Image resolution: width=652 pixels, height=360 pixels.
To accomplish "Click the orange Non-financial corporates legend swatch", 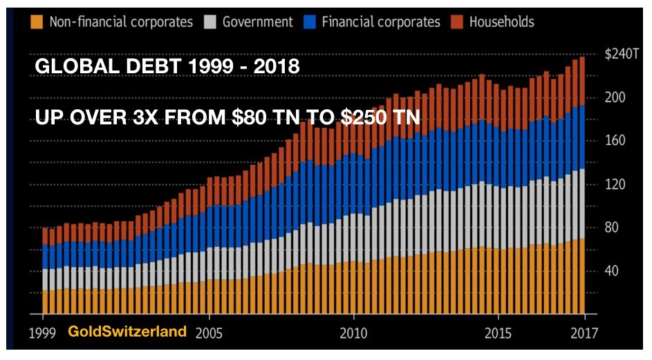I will (x=37, y=21).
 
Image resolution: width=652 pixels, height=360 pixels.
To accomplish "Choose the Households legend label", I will (x=501, y=21).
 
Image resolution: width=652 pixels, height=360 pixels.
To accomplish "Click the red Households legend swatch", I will (x=456, y=21).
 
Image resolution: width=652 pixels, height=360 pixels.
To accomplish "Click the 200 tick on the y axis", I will (x=615, y=97).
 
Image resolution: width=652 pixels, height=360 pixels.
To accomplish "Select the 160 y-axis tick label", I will (x=615, y=141).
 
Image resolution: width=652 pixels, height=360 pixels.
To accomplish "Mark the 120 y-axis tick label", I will (x=615, y=184).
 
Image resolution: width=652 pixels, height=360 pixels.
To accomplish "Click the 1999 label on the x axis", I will (x=42, y=332).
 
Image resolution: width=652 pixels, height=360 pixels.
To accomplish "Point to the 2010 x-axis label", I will (x=354, y=332).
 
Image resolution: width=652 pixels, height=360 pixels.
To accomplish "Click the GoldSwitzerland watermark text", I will (x=127, y=332).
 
